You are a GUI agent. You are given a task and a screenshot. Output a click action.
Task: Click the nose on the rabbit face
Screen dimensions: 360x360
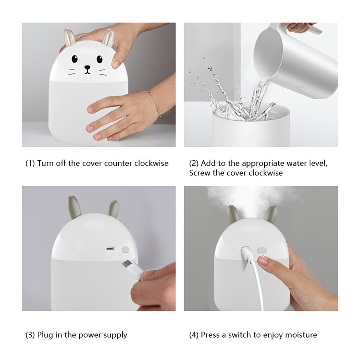click(x=87, y=67)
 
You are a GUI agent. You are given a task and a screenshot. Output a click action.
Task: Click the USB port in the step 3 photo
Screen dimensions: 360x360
click(x=110, y=249)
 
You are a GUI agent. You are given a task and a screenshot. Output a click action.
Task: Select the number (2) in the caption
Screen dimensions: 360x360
click(x=194, y=163)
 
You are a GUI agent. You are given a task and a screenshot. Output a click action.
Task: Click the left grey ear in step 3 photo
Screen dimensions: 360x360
click(x=75, y=207)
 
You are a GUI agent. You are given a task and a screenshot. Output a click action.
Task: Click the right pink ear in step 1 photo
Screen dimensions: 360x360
click(x=108, y=38)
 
